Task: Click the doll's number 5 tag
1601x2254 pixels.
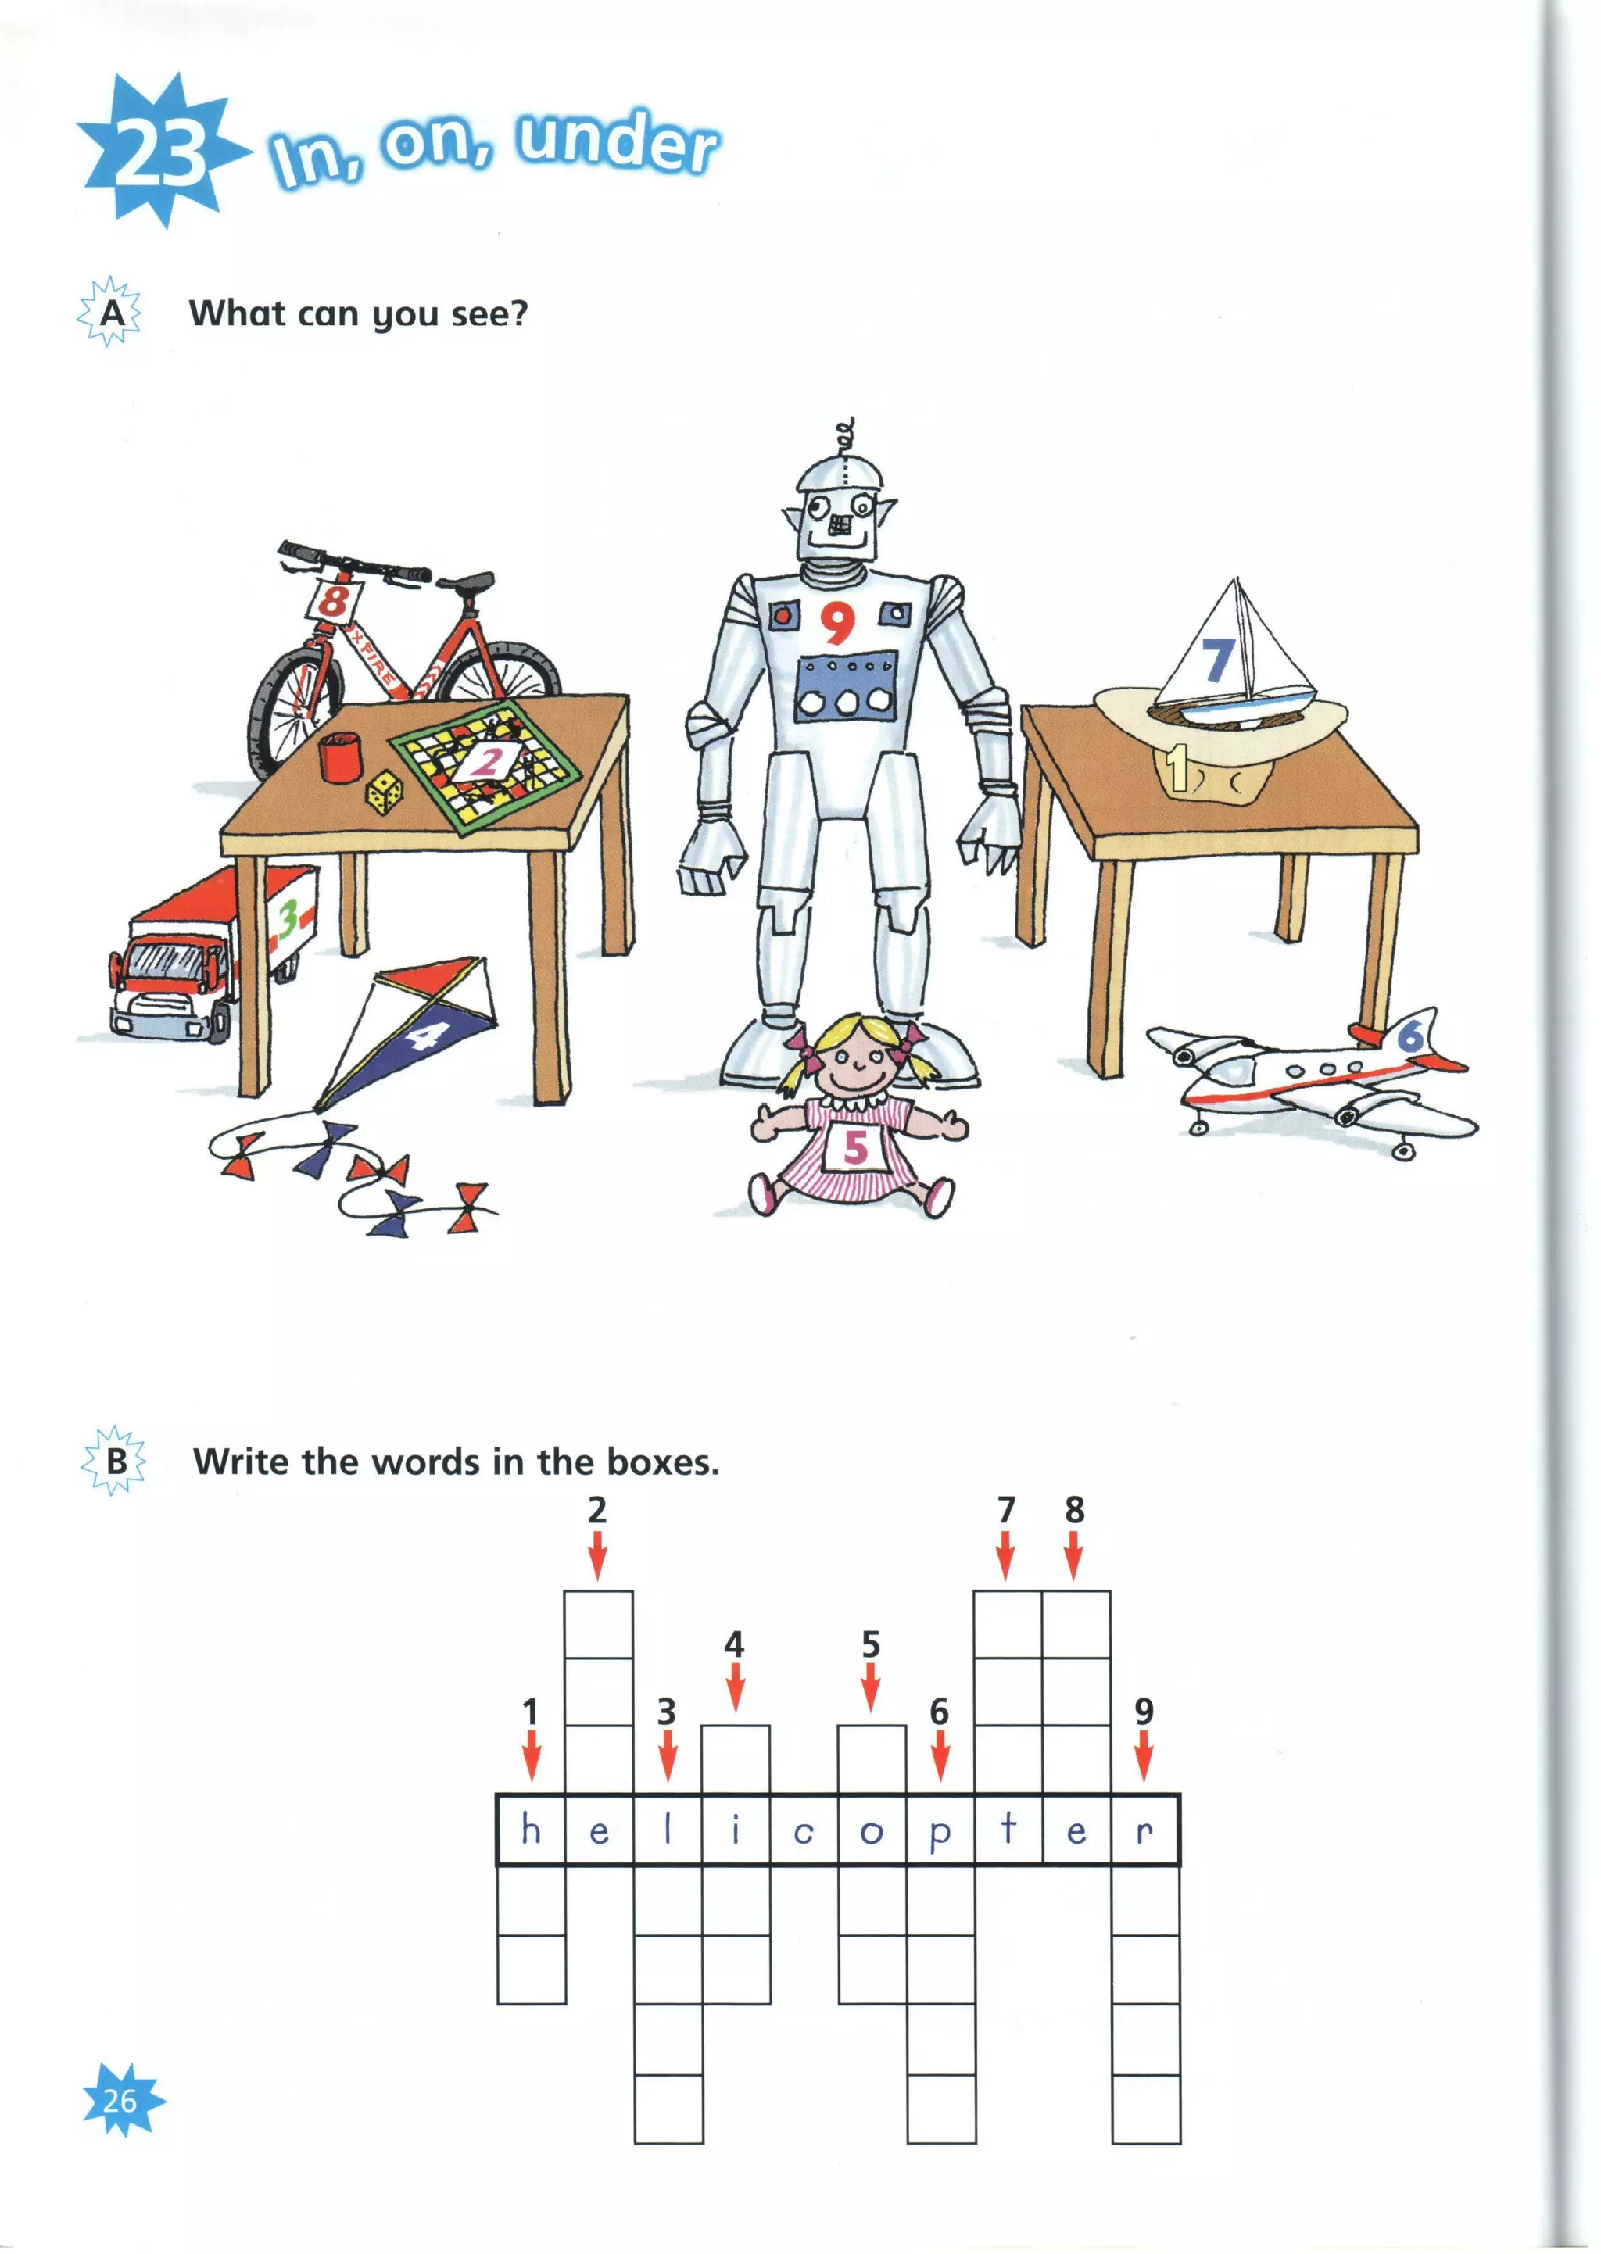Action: (x=854, y=1147)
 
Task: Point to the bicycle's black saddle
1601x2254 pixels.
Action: (x=466, y=582)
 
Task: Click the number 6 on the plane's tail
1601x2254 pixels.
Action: (x=1411, y=1035)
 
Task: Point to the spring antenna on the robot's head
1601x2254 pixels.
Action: (x=843, y=437)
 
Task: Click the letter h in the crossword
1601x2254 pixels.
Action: (x=530, y=1829)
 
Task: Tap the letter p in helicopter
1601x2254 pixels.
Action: (x=940, y=1831)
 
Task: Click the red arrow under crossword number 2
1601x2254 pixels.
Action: (x=597, y=1560)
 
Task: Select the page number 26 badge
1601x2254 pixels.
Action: (x=121, y=2099)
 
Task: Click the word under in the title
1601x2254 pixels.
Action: (x=618, y=144)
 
